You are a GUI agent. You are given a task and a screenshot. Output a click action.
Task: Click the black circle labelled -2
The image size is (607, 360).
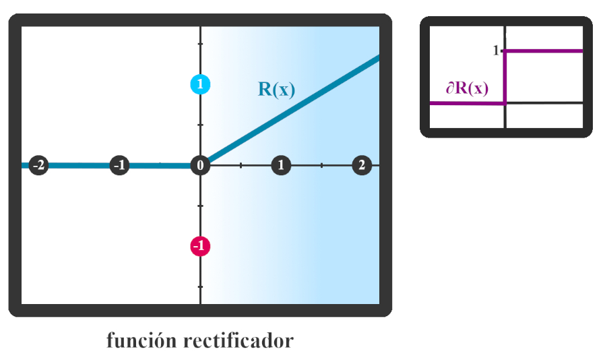(39, 165)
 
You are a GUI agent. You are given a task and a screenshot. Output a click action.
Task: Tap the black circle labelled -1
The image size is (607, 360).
(119, 165)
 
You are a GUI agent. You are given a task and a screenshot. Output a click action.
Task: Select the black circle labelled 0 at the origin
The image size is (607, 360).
(200, 165)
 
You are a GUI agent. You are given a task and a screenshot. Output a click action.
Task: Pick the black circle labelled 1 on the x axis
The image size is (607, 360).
(281, 165)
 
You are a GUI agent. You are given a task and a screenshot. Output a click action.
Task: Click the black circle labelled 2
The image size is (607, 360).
(362, 165)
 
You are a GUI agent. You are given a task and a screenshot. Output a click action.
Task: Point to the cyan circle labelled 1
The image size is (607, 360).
(200, 84)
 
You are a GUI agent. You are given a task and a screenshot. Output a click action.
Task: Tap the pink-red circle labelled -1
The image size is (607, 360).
(200, 246)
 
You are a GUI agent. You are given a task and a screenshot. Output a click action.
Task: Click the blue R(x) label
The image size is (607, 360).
(276, 90)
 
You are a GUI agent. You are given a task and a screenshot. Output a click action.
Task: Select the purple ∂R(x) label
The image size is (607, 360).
(467, 88)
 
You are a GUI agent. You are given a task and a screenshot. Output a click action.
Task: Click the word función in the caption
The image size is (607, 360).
(142, 340)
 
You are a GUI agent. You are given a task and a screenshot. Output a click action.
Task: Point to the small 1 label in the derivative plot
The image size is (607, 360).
(496, 51)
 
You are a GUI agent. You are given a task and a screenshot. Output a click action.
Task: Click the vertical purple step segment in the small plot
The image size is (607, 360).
(505, 78)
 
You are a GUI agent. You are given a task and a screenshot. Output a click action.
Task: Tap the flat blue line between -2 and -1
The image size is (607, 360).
(79, 165)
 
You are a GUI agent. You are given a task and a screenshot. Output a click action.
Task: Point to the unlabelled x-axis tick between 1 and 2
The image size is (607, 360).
(321, 165)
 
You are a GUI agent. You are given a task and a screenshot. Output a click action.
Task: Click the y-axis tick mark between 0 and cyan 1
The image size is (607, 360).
(200, 125)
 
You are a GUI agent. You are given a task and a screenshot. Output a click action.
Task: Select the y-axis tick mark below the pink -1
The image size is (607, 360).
(200, 287)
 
